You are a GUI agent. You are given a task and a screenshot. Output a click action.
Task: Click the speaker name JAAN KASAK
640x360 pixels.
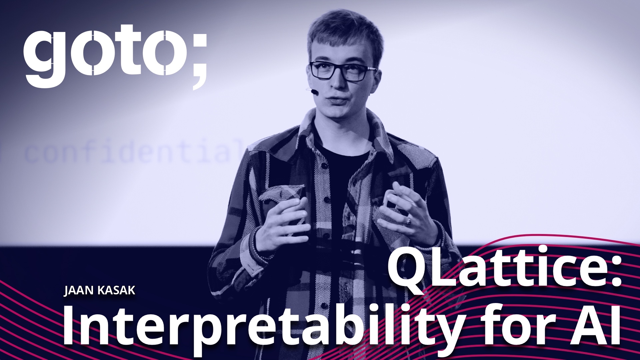[100, 290]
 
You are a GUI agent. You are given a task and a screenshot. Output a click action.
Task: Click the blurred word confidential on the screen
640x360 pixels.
[133, 152]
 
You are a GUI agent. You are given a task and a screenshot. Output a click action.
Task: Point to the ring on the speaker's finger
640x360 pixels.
[408, 221]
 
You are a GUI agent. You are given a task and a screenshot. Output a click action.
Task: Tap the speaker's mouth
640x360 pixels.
[337, 100]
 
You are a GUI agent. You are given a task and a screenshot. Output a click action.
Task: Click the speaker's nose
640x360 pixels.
[335, 82]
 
